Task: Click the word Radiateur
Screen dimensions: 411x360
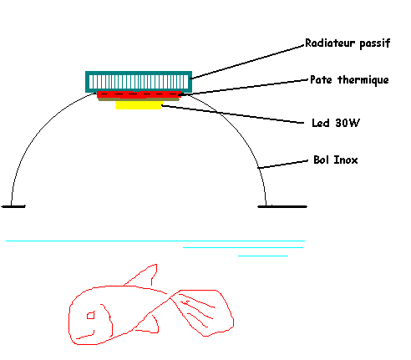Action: click(330, 43)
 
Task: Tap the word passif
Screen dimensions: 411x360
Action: click(375, 43)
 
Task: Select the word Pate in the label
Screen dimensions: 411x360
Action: click(321, 79)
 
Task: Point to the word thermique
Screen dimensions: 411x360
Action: click(363, 80)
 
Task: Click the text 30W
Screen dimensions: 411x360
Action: click(348, 123)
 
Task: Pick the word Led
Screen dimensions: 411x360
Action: click(321, 123)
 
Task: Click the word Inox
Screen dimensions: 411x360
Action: click(346, 160)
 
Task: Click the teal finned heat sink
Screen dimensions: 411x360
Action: click(139, 82)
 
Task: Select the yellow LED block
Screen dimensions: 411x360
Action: click(139, 105)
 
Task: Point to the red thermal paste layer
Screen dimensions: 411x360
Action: click(139, 94)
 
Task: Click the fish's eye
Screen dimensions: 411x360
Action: click(91, 316)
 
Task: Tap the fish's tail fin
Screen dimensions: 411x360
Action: click(203, 312)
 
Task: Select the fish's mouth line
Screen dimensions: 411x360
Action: click(86, 335)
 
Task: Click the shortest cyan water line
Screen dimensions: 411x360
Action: click(263, 256)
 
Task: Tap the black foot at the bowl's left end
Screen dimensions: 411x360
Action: click(13, 206)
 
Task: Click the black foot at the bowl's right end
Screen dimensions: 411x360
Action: click(282, 206)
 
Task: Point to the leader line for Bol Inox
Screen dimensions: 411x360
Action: click(282, 165)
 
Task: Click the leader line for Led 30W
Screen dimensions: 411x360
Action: click(232, 114)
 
